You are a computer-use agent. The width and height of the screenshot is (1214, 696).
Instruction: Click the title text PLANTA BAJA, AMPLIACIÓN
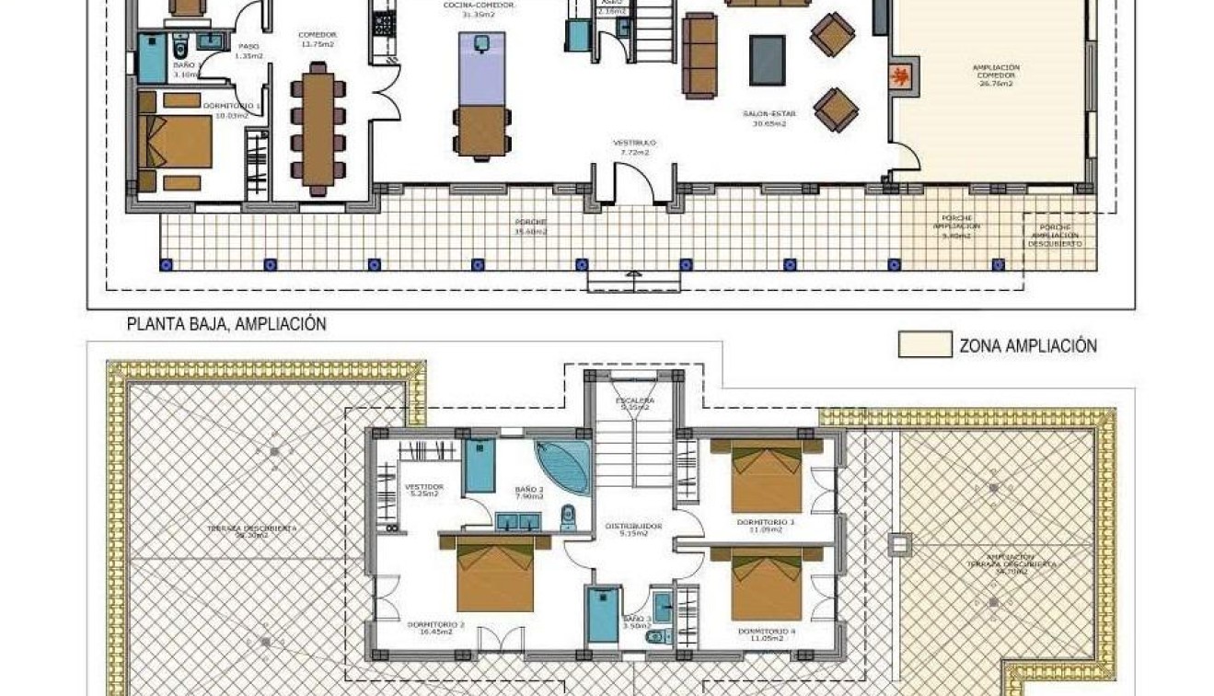pos(226,324)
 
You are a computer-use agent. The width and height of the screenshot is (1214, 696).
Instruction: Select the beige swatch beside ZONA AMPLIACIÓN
pos(924,345)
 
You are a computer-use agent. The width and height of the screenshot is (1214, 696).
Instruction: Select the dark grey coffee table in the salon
pos(767,60)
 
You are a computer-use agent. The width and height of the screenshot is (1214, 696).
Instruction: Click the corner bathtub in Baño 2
pos(565,468)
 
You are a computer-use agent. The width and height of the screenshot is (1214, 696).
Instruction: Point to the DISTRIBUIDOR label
pos(633,528)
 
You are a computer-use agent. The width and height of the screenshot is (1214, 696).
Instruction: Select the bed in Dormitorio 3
pos(766,477)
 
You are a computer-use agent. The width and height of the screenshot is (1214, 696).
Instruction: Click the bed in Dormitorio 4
pos(766,585)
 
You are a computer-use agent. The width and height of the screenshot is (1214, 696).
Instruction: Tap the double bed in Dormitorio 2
pos(495,574)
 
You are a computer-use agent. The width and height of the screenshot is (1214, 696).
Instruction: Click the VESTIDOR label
pos(424,488)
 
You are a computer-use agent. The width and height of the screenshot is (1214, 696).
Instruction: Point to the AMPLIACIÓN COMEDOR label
pos(996,74)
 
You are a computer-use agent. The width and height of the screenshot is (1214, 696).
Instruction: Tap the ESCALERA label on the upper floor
pos(635,403)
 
